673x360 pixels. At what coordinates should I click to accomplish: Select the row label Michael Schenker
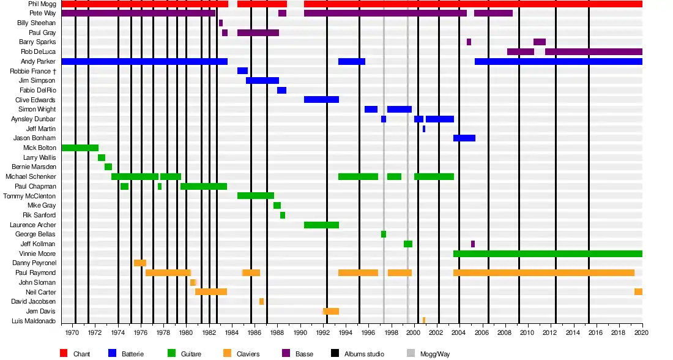pyautogui.click(x=31, y=176)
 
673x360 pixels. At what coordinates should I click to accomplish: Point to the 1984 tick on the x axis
pyautogui.click(x=231, y=332)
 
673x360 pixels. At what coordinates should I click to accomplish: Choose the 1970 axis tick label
pyautogui.click(x=72, y=332)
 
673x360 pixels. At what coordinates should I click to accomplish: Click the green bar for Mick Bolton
pyautogui.click(x=80, y=148)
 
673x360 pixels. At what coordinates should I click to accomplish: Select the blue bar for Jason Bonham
pyautogui.click(x=464, y=138)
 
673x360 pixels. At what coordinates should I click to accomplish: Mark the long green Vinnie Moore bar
pyautogui.click(x=548, y=253)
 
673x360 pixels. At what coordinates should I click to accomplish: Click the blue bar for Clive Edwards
pyautogui.click(x=321, y=99)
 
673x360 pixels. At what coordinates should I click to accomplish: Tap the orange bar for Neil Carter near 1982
pyautogui.click(x=211, y=291)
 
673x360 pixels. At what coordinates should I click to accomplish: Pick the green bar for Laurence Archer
pyautogui.click(x=321, y=225)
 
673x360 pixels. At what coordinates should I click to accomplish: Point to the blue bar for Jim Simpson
pyautogui.click(x=262, y=80)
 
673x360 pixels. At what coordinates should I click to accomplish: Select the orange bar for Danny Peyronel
pyautogui.click(x=140, y=263)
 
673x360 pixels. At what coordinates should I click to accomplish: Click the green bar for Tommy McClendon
pyautogui.click(x=256, y=195)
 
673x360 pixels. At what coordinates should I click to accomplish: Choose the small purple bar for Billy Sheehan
pyautogui.click(x=221, y=23)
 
